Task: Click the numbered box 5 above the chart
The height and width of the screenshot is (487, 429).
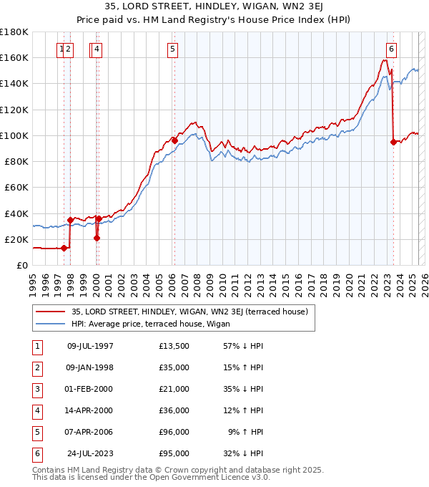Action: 173,49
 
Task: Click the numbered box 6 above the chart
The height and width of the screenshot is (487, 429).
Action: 392,49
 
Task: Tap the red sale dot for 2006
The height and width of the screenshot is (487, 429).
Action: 174,140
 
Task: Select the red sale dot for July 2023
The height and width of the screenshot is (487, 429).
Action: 393,142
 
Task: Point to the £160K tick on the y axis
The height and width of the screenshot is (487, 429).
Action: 14,57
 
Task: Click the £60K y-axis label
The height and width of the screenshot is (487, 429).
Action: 16,187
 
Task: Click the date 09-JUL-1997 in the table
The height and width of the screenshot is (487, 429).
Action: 89,347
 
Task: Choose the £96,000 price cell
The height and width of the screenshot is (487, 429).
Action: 174,433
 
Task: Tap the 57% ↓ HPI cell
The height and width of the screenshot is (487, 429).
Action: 242,347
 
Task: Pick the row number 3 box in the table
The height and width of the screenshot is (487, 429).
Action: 36,390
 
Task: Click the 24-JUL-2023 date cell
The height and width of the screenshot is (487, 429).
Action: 89,454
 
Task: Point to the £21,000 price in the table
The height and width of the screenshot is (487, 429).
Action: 174,390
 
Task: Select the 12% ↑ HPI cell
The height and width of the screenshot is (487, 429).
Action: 242,411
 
